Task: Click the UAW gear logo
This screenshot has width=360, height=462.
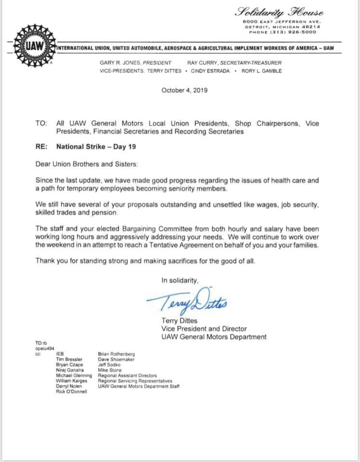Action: [32, 47]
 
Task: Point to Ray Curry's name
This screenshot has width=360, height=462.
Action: [201, 63]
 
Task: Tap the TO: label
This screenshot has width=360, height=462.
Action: [41, 123]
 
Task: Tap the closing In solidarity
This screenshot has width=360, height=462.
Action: [180, 281]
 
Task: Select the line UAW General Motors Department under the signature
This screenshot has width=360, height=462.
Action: [214, 337]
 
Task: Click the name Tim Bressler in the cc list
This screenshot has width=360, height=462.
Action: [69, 359]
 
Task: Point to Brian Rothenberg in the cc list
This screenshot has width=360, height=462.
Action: [116, 354]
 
